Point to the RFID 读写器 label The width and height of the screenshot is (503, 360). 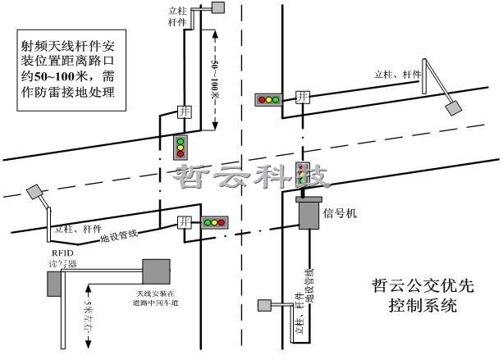(63, 259)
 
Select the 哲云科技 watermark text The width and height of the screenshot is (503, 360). (249, 175)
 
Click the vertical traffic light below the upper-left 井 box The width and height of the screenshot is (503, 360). (181, 147)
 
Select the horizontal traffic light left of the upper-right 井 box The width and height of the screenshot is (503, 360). (268, 100)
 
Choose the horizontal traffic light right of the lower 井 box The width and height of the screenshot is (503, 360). (215, 221)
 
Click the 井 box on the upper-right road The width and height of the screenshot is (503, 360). (303, 98)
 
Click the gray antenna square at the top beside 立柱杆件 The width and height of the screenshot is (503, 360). (218, 8)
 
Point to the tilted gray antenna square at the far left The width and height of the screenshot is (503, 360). (34, 192)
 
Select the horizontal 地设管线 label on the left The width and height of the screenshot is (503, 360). (119, 237)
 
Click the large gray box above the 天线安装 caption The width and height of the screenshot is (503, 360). (155, 271)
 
